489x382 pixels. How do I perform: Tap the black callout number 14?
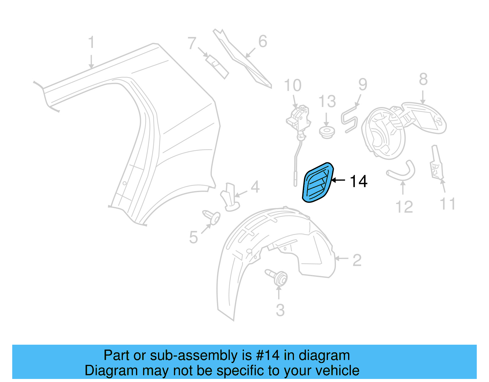358,181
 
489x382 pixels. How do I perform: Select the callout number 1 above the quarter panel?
91,43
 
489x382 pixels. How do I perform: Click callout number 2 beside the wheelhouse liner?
357,260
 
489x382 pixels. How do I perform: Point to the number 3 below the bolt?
280,310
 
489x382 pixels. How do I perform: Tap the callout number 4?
255,187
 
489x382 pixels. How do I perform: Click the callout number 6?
263,41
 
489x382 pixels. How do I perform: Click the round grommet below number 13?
327,132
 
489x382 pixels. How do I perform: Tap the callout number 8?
423,79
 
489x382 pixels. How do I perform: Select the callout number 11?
447,204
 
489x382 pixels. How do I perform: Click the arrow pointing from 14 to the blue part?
338,180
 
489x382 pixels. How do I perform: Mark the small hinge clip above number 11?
436,164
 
